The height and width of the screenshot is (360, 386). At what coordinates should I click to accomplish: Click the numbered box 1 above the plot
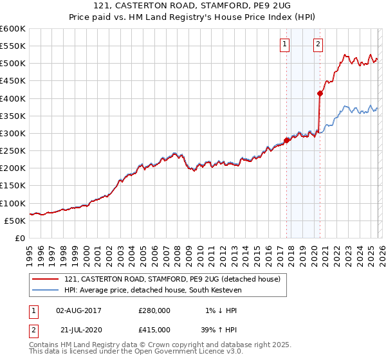click(x=284, y=44)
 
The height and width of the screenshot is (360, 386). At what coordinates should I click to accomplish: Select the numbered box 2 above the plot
click(x=318, y=44)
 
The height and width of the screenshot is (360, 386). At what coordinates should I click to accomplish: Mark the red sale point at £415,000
click(x=320, y=93)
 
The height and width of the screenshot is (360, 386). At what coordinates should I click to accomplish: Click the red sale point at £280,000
click(x=286, y=140)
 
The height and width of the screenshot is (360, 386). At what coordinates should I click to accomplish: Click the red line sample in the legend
click(x=46, y=280)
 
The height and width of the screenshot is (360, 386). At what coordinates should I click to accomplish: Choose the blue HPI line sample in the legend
click(x=46, y=291)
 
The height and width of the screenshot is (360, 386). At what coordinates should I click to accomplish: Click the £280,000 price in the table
click(x=154, y=310)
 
